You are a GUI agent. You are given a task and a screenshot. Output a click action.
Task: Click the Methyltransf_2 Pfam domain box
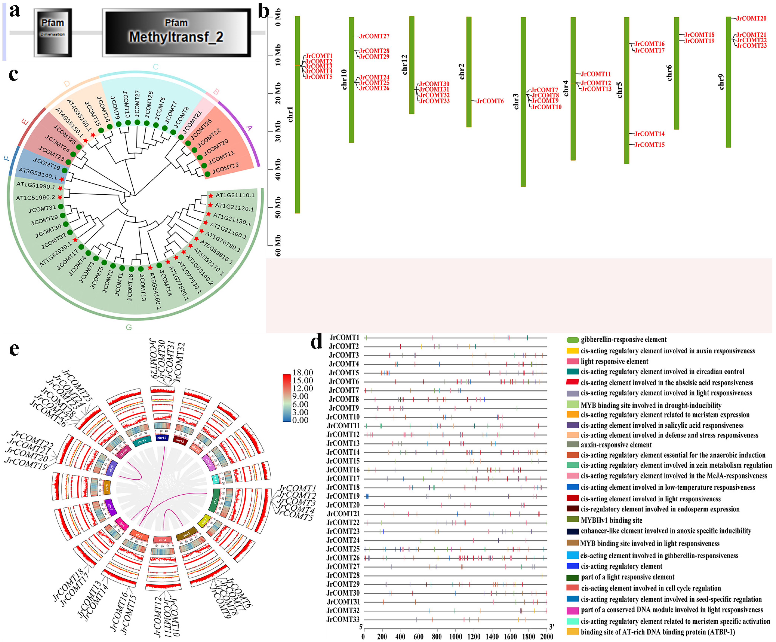[x=176, y=33]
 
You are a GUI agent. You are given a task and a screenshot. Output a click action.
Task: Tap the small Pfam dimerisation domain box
[x=52, y=33]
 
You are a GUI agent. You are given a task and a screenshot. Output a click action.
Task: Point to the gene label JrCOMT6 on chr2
[x=490, y=101]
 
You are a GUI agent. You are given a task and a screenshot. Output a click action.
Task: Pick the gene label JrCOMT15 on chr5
[x=649, y=145]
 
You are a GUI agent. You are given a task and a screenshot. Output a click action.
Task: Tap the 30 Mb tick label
[x=278, y=132]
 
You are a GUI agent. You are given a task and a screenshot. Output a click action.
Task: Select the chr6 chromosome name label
[x=669, y=73]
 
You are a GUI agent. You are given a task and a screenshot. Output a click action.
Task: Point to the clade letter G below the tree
[x=129, y=327]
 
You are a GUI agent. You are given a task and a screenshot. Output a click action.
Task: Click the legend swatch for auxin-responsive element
[x=572, y=445]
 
